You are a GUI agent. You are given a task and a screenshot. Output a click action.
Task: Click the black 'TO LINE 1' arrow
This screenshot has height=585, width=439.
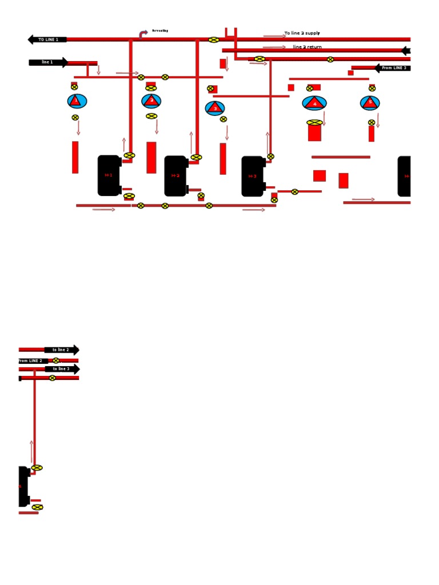pos(47,39)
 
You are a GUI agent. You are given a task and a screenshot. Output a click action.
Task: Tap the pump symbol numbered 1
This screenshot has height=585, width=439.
pos(77,101)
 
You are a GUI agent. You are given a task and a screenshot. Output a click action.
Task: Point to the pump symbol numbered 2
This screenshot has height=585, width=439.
pos(151,101)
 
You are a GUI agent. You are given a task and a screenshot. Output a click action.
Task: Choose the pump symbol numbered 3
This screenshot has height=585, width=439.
pos(215,108)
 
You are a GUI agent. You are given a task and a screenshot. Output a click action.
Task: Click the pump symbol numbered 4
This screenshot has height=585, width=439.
pos(314,103)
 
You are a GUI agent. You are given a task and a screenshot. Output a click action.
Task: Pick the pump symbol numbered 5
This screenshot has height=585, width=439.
pos(370,103)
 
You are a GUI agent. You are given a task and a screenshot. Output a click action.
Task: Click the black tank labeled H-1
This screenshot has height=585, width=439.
pos(109,175)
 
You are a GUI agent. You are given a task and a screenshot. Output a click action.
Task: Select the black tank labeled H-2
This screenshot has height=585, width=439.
pos(175,176)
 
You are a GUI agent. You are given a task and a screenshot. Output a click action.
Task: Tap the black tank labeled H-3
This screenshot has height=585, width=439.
pos(252,177)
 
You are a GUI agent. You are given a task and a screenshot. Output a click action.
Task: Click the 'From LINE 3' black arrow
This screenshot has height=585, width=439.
pos(393,68)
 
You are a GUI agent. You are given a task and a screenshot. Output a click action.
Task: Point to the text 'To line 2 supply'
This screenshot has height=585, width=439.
pos(302,34)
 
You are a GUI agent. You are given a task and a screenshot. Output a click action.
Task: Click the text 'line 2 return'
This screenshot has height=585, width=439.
pos(308,47)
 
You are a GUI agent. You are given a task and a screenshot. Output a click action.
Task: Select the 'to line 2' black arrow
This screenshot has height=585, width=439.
pos(62,350)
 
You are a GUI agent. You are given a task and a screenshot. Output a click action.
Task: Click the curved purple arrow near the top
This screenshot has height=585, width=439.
pos(143,34)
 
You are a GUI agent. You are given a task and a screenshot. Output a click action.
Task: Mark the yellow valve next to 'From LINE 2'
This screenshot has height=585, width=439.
pos(56,360)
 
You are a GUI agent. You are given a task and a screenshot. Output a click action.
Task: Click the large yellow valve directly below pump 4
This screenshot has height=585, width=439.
pos(314,122)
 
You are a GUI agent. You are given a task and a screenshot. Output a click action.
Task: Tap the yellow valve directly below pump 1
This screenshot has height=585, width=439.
pos(75,117)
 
